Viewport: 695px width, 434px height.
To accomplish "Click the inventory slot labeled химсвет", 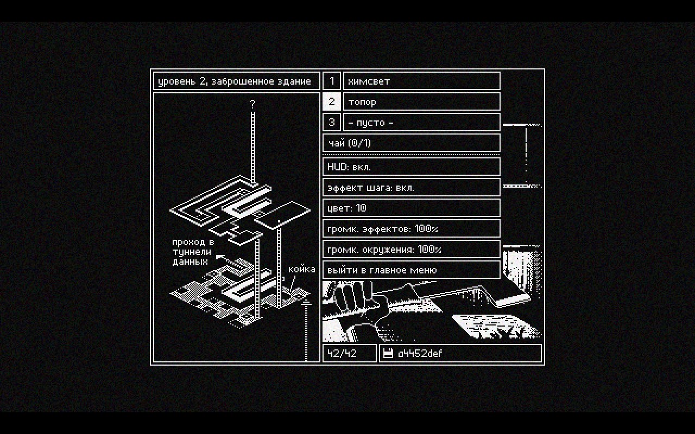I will [x=421, y=81].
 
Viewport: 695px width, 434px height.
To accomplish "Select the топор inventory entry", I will [x=421, y=102].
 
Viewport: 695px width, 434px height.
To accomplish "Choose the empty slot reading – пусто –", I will [x=421, y=123].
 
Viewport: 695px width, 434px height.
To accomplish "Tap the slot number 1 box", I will [x=332, y=81].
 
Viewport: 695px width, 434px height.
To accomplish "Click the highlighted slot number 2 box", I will [x=332, y=102].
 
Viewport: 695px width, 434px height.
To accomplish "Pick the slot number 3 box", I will [x=332, y=123].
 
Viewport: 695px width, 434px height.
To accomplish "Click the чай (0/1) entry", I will [x=411, y=143].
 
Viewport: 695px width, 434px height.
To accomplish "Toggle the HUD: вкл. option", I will [x=411, y=167].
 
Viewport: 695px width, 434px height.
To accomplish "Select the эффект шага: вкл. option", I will [x=411, y=188].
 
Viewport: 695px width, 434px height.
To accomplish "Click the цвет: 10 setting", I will [x=411, y=208].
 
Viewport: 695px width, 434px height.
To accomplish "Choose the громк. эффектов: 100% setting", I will [x=411, y=229].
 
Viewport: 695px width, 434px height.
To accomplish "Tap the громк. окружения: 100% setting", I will [x=411, y=250].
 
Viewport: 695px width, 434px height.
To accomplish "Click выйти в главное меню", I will [x=411, y=270].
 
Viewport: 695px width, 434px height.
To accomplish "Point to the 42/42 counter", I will [x=349, y=353].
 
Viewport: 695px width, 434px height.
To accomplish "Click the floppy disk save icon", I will [x=388, y=354].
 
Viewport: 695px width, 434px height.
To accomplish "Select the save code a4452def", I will [x=420, y=354].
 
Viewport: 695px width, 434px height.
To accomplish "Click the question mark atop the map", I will [x=252, y=104].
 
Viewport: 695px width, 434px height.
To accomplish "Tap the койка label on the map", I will [x=301, y=269].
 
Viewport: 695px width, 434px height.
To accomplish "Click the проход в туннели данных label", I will [x=192, y=252].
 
